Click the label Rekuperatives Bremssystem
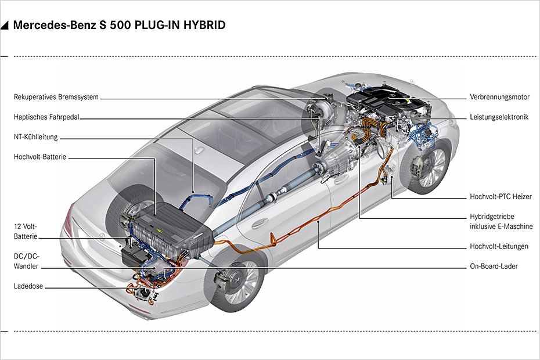(56, 97)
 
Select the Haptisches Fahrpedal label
(46, 117)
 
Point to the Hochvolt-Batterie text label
(39, 157)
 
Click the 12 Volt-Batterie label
(26, 232)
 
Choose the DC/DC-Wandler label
(27, 261)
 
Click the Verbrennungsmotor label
(499, 97)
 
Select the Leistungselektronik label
(499, 117)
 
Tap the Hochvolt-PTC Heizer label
(501, 197)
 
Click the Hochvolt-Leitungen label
(499, 246)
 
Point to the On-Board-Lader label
(494, 267)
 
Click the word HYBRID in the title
(205, 26)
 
